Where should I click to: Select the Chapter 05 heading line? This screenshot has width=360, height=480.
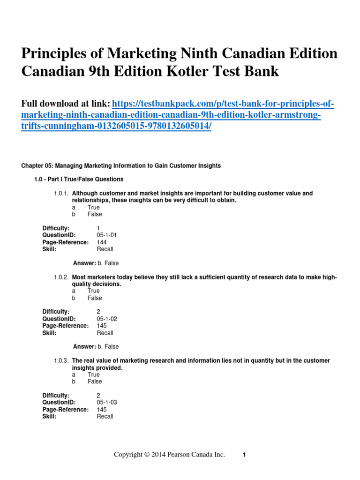pos(121,165)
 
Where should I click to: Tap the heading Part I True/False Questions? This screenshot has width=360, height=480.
pos(79,179)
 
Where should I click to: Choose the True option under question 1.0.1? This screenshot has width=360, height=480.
pos(93,207)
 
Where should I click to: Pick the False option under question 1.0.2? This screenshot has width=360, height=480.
pos(94,298)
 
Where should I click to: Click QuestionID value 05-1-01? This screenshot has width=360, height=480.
pos(107,235)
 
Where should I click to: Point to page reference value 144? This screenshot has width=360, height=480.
pos(102,242)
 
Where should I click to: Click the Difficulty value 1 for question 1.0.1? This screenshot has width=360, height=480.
pos(98,228)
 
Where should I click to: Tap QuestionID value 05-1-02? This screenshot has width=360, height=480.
pos(107,319)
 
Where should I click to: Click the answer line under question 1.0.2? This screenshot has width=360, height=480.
pos(96,346)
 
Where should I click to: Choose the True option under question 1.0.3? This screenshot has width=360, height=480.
pos(93,375)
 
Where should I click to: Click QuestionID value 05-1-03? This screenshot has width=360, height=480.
pos(107,402)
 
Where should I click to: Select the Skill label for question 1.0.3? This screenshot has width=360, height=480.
pos(49,416)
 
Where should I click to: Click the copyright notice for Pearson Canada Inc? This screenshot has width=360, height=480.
pos(170,455)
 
